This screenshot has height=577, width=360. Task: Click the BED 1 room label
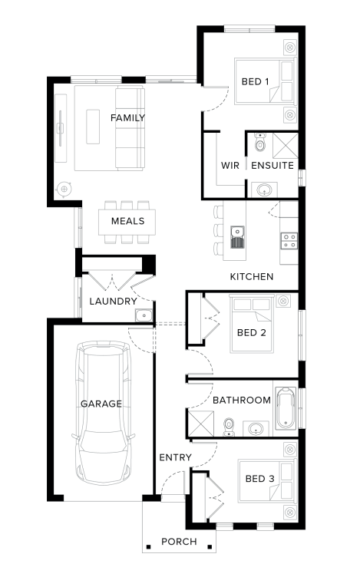[x=255, y=81]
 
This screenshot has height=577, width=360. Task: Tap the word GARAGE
[x=101, y=404]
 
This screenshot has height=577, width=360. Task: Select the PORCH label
[x=179, y=541]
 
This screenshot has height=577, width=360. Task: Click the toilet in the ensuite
[x=260, y=142]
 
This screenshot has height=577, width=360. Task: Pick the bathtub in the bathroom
[x=286, y=408]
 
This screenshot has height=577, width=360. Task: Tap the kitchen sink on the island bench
[x=237, y=237]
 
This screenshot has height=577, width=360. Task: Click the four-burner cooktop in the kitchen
[x=289, y=241]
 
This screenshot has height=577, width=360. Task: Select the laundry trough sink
[x=144, y=315]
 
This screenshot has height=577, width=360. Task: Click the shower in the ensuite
[x=286, y=145]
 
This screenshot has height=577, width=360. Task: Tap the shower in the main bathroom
[x=201, y=424]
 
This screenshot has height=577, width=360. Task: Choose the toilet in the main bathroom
[x=229, y=427]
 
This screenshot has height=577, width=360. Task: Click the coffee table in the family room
[x=93, y=126]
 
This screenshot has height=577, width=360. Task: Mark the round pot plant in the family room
[x=64, y=190]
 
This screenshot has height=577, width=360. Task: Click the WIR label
[x=230, y=165]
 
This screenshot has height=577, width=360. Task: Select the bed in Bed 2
[x=252, y=324]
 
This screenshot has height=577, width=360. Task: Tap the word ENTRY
[x=175, y=457]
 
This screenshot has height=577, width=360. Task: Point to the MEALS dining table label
[x=127, y=221]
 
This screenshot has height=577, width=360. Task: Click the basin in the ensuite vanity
[x=264, y=190]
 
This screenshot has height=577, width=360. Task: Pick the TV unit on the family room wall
[x=61, y=128]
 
